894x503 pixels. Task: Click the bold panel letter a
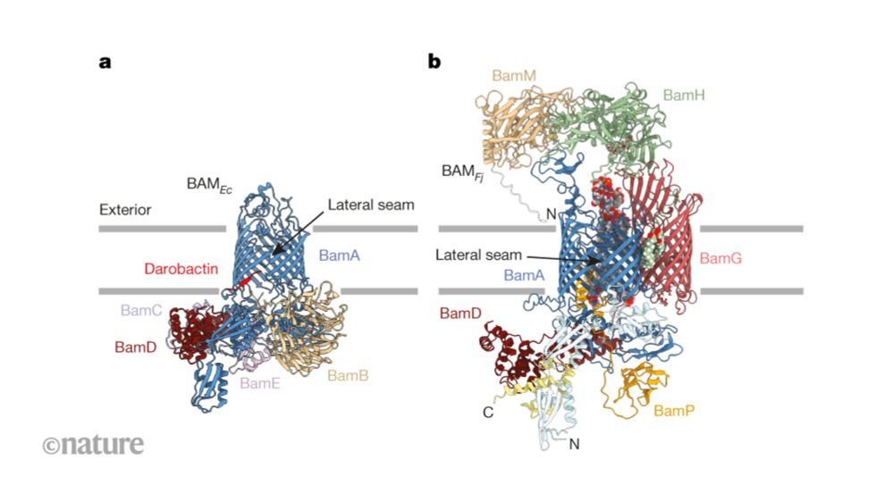[x=105, y=62]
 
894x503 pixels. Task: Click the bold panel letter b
[x=434, y=61]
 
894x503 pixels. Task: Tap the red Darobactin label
[x=181, y=269]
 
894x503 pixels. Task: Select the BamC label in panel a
[x=141, y=310]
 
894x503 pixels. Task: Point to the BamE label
[x=260, y=383]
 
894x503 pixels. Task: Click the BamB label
[x=348, y=376]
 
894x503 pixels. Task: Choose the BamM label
[x=514, y=76]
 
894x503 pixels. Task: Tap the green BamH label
[x=684, y=95]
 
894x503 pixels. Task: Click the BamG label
[x=721, y=258]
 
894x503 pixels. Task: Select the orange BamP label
[x=674, y=411]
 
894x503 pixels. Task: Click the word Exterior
[x=125, y=210]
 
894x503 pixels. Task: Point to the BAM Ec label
[x=209, y=185]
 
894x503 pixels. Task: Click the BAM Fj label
[x=462, y=172]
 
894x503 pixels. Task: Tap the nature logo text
[x=94, y=444]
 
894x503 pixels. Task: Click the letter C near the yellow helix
[x=488, y=413]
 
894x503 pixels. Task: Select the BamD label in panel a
[x=135, y=347]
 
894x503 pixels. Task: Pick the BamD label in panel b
[x=460, y=314]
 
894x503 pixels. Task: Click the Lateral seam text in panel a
[x=371, y=205]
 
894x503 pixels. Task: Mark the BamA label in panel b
[x=524, y=276]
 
